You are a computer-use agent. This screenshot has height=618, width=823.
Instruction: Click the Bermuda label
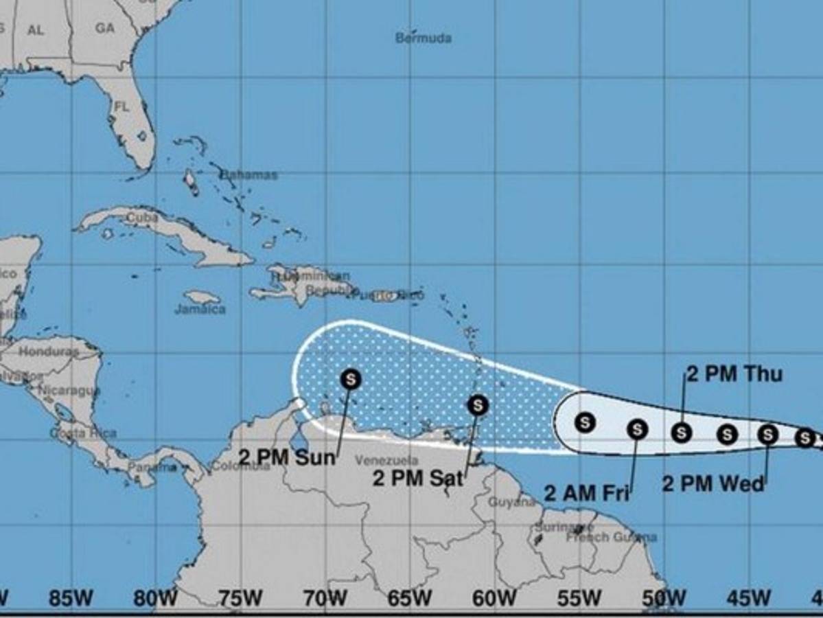pos(423,38)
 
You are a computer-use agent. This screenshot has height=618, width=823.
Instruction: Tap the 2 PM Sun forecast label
pos(287,457)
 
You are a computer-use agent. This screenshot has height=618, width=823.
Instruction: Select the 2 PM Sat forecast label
pos(417,478)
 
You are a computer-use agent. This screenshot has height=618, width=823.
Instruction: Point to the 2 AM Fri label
pos(587,492)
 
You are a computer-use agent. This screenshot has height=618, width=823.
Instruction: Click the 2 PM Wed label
pos(712,484)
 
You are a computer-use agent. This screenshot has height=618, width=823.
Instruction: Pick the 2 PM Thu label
pos(734,374)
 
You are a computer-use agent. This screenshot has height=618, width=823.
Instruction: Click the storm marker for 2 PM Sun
pos(351,378)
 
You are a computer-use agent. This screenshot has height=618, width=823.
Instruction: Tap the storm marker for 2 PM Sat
pos(477,405)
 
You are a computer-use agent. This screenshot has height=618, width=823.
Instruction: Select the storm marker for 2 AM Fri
pos(637,429)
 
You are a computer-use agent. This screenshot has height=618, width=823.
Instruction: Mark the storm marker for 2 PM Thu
pos(681,432)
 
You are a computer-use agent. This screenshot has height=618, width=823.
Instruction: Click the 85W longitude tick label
pos(71,599)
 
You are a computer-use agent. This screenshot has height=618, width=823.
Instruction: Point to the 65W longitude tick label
pos(409,599)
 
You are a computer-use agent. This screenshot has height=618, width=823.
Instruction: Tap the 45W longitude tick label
pos(749,599)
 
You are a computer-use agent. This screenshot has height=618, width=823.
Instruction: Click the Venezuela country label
pos(378,459)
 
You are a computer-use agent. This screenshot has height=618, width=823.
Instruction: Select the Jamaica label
pos(200,310)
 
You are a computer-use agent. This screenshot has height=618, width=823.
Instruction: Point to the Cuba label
pos(142,218)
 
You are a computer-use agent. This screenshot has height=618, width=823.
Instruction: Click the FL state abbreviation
pos(121,107)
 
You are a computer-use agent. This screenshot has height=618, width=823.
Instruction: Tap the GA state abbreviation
pos(105,28)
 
